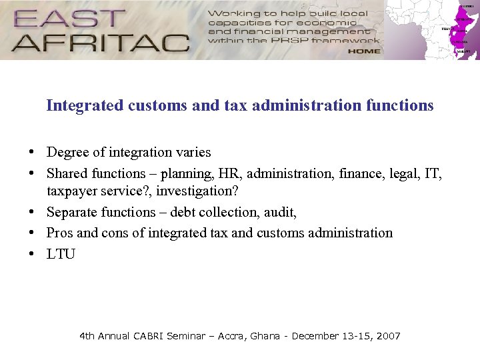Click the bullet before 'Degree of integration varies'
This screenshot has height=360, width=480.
click(31, 153)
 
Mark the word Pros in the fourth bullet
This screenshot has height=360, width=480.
click(59, 233)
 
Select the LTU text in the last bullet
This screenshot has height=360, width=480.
click(61, 253)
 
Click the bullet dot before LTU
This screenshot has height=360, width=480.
click(31, 253)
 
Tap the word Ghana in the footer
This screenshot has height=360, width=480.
click(265, 336)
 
